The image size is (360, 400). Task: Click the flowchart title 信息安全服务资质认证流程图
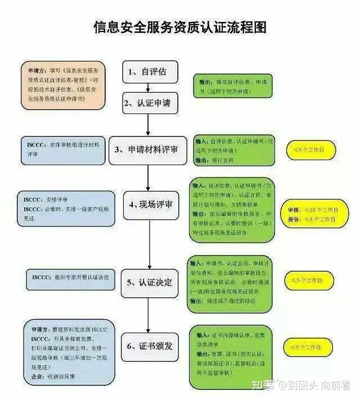coord(179,27)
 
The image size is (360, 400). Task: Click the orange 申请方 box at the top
coord(64,84)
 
